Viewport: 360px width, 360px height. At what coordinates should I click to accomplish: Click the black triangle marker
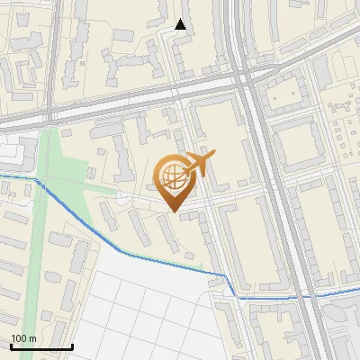tap(181, 24)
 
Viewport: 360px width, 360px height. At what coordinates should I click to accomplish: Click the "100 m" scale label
tap(23, 337)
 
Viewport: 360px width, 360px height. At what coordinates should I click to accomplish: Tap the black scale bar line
tap(40, 346)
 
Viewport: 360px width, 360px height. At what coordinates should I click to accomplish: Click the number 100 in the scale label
tap(18, 337)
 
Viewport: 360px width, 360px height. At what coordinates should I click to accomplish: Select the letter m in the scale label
tap(33, 337)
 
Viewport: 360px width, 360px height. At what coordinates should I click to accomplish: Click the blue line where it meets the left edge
tap(2, 174)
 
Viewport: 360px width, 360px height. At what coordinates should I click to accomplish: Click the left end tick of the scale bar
tap(10, 346)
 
